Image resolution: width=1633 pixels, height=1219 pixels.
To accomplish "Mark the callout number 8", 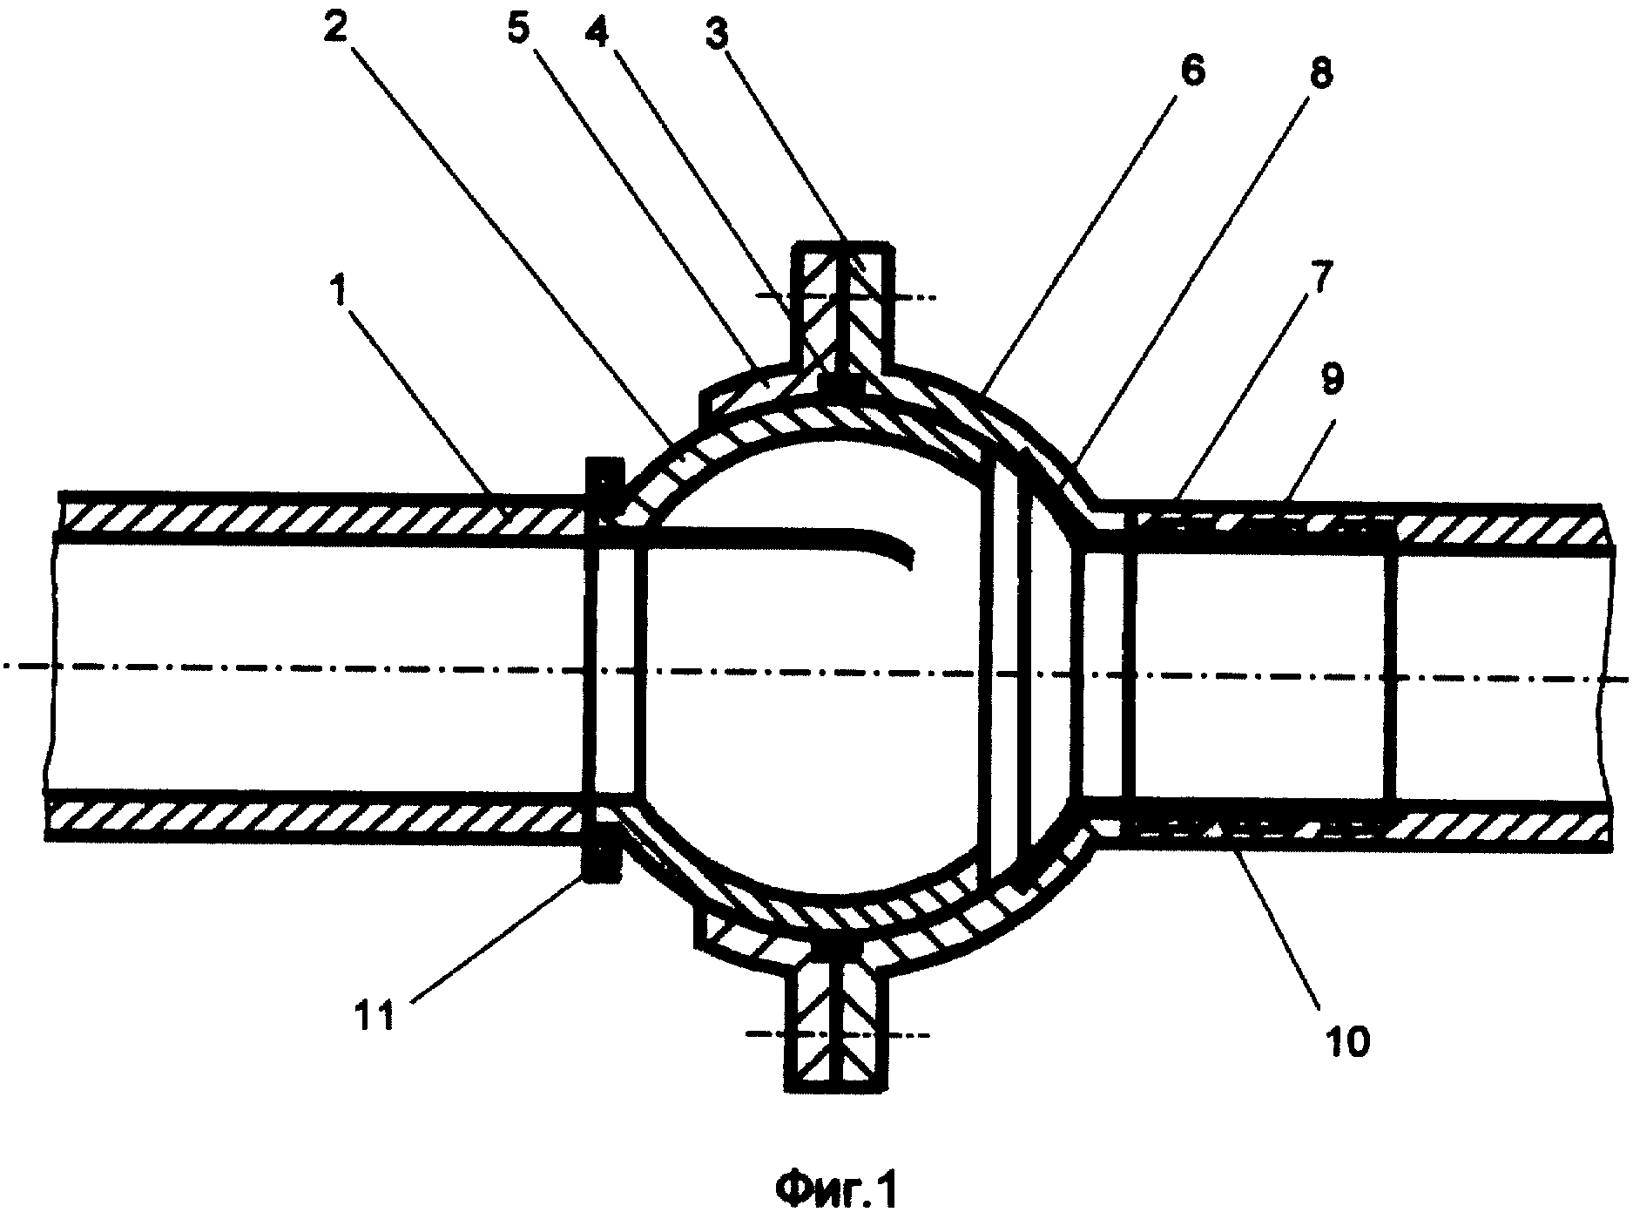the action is click(x=1319, y=72).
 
